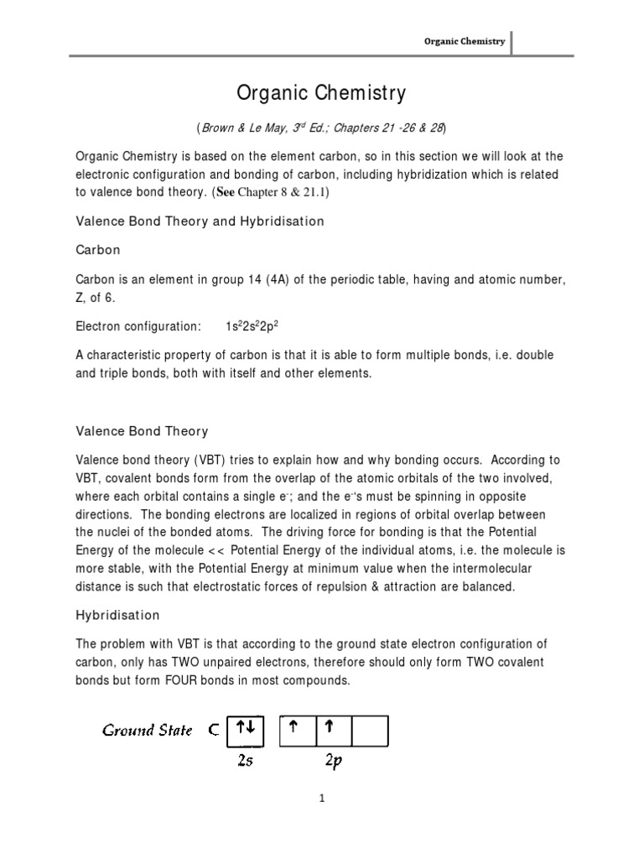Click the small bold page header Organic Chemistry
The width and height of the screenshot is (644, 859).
click(x=463, y=41)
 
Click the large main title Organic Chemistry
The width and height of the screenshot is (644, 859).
click(x=321, y=91)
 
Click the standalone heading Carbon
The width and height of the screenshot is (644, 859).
click(x=98, y=250)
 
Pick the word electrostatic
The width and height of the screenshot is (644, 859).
click(x=280, y=586)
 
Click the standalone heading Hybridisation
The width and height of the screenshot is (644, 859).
click(x=117, y=615)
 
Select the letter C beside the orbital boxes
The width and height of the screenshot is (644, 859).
click(x=214, y=730)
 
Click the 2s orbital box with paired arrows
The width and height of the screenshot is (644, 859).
click(x=245, y=729)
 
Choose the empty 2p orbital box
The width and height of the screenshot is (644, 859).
click(x=370, y=729)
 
